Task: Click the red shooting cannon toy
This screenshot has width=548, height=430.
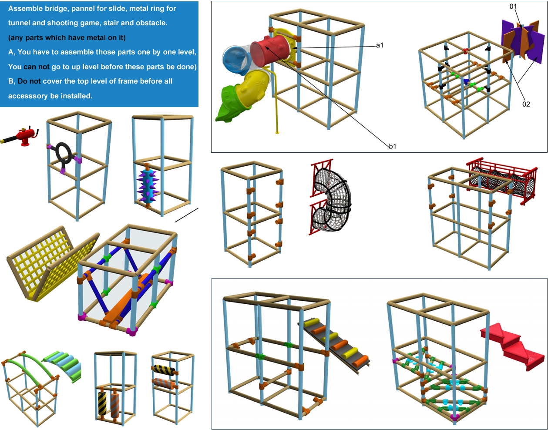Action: point(21,136)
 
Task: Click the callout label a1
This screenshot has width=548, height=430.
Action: point(380,45)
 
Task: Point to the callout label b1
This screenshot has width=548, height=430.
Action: point(393,146)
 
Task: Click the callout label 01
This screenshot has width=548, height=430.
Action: point(513,6)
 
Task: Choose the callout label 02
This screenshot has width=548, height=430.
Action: point(526,104)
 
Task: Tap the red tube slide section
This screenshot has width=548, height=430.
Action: point(271,51)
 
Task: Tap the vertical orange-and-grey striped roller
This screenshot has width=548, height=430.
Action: point(115,406)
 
